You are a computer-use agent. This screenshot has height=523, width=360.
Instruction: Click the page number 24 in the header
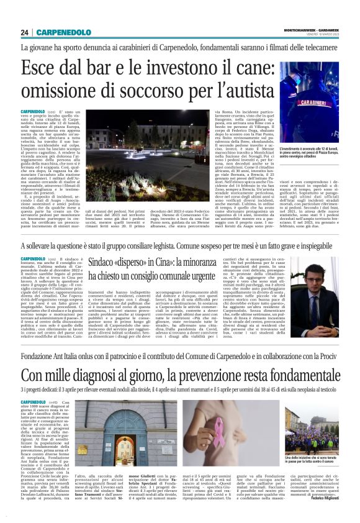tap(25, 32)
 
